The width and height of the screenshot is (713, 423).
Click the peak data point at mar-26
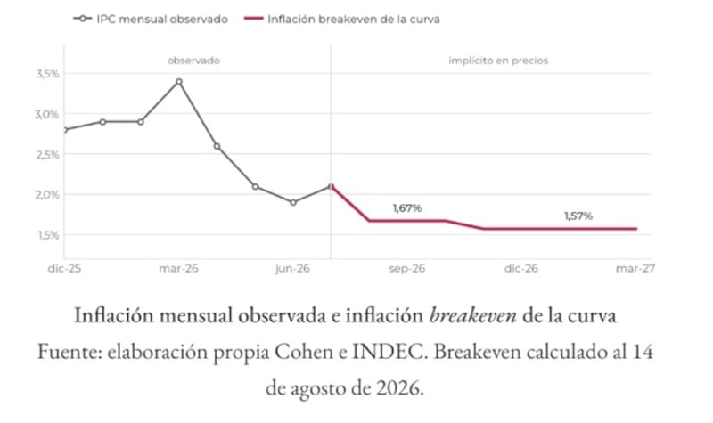click(179, 82)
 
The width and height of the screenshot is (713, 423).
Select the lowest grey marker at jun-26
click(293, 203)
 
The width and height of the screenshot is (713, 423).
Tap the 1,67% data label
click(407, 208)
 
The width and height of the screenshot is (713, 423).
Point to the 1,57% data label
click(578, 216)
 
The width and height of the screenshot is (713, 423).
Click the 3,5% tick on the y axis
click(47, 74)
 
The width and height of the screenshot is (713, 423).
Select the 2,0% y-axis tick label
click(47, 195)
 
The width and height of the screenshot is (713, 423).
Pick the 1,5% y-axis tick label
click(48, 235)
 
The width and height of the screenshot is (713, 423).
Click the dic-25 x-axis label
click(64, 269)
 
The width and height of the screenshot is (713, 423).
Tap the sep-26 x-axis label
click(407, 269)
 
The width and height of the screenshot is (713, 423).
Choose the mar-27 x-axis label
click(635, 269)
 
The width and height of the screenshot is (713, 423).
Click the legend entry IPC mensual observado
click(151, 19)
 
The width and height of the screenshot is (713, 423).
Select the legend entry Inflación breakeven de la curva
click(342, 19)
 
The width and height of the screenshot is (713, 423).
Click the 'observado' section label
click(193, 61)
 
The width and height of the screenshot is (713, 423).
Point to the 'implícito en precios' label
click(498, 61)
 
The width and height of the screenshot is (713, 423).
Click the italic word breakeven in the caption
click(473, 315)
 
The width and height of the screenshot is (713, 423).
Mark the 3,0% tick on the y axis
click(47, 114)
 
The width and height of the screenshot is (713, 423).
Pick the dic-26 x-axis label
click(521, 269)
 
